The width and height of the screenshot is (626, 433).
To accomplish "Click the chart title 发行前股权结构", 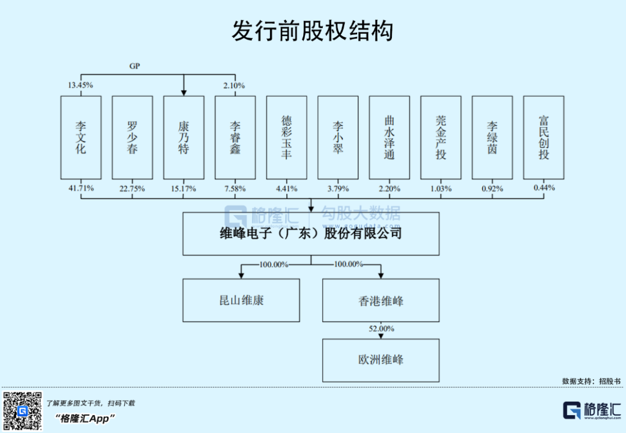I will coord(312,31).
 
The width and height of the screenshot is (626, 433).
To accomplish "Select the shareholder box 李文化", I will coord(81,137).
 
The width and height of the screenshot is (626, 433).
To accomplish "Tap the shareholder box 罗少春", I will coord(132,137).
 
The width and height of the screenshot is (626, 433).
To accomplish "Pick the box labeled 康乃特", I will coord(184,137).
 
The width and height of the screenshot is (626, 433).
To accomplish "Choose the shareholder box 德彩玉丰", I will coord(287,137).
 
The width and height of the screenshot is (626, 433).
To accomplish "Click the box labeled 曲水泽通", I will coord(390,137).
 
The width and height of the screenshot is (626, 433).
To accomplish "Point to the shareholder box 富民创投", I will coord(544,137).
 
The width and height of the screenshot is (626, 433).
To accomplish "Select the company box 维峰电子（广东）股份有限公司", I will coord(311,234).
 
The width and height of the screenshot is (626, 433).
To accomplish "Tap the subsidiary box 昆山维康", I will coord(241,300).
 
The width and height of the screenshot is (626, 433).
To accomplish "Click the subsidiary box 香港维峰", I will coord(381,300).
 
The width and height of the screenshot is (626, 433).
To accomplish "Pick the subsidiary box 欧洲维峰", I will coord(381,360).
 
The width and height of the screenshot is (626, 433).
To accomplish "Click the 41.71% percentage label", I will coord(81,188).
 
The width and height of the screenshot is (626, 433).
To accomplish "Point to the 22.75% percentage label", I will coord(132,188).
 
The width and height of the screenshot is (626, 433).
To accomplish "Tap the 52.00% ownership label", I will coord(381,329).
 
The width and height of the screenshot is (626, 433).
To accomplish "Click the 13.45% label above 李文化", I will coord(81,85).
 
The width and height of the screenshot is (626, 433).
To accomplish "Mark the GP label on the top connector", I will coord(134,66).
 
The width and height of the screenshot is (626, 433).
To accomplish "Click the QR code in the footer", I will coord(23,411).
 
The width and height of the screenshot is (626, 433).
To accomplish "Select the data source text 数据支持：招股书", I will coord(591,381).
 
